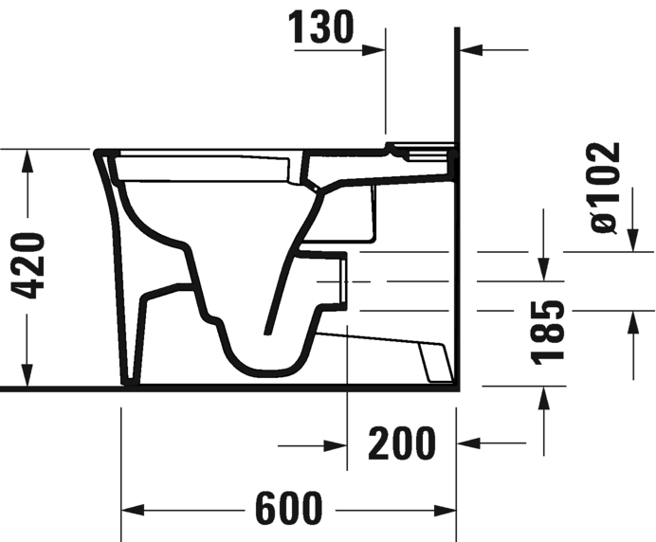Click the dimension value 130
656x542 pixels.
[x=321, y=28]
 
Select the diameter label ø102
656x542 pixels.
[x=603, y=187]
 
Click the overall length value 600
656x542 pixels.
[x=288, y=510]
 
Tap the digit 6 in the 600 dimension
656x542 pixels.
[x=266, y=510]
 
